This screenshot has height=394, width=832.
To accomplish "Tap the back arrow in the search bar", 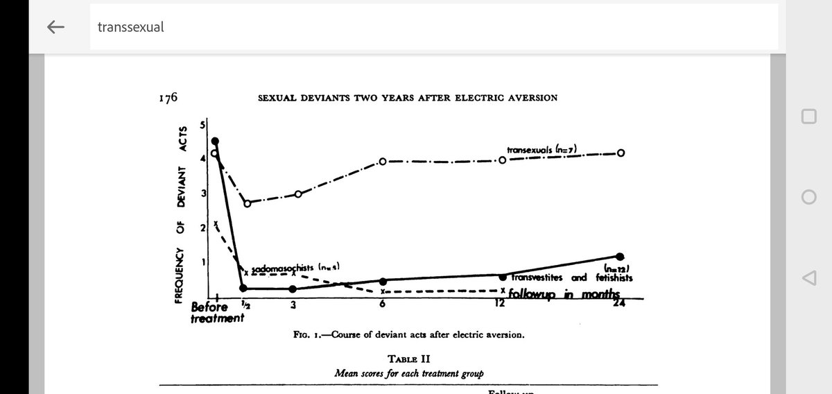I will click(55, 27).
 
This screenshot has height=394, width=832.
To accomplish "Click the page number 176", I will click(168, 97).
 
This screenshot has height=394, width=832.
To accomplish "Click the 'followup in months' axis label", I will click(563, 295).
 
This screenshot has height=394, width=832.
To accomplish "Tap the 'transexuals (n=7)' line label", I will click(542, 148).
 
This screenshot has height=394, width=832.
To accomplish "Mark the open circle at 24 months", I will click(621, 153).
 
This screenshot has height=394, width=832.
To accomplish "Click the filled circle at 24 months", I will click(620, 257).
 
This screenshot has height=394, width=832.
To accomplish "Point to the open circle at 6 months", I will click(383, 162).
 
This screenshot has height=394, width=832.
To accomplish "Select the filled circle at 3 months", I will click(293, 289).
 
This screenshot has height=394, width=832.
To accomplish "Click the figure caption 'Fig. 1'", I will click(409, 335).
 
